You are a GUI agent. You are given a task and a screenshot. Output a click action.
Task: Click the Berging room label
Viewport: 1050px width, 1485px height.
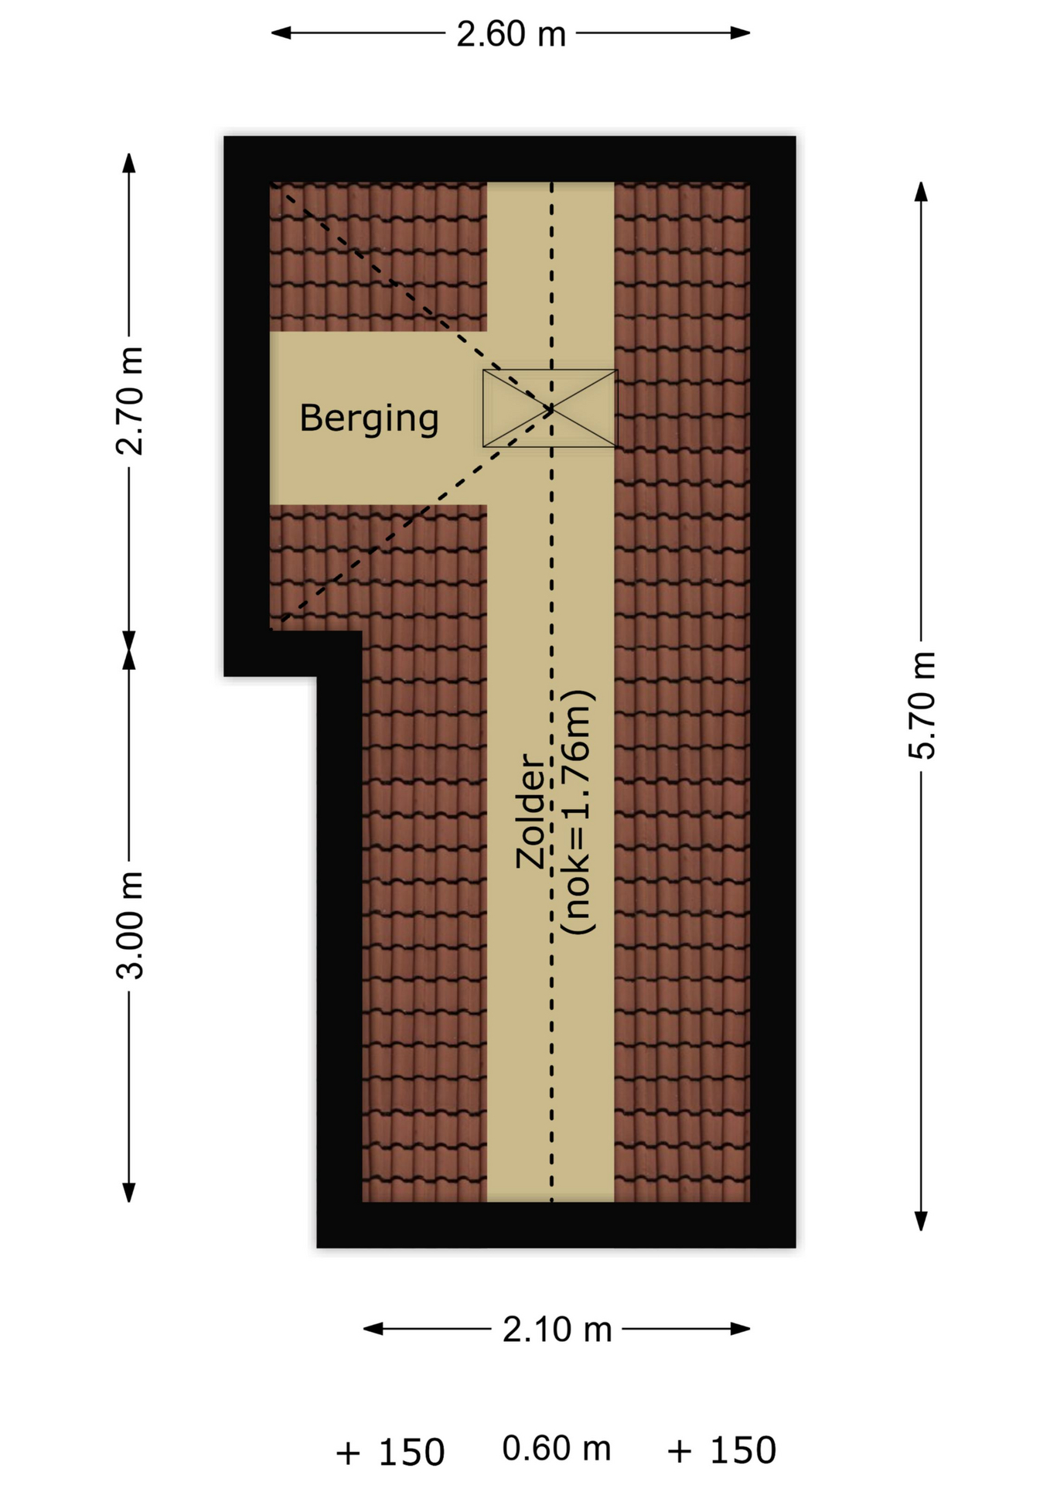[369, 419]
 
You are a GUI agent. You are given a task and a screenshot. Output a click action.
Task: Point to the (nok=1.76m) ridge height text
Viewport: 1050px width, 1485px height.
[578, 811]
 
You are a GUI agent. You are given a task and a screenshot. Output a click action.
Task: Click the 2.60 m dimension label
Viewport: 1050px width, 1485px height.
[510, 34]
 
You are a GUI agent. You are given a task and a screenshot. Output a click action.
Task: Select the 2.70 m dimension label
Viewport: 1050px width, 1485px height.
[130, 401]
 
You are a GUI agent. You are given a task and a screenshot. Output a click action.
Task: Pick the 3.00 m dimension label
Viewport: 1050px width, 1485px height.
[130, 925]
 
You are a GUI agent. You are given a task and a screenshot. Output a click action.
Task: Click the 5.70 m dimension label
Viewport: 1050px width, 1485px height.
[922, 705]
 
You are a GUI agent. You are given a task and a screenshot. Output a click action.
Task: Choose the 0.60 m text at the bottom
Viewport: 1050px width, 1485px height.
[556, 1449]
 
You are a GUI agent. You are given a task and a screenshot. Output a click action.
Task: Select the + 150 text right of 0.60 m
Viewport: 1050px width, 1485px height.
[721, 1451]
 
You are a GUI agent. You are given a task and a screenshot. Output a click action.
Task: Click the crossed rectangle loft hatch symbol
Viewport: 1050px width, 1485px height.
[550, 408]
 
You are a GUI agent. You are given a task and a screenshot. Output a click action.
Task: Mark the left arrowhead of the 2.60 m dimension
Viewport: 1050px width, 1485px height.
[280, 33]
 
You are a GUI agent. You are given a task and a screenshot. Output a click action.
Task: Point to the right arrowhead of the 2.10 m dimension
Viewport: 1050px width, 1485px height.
[741, 1329]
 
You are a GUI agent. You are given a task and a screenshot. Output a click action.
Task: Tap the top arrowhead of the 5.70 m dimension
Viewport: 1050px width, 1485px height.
[921, 191]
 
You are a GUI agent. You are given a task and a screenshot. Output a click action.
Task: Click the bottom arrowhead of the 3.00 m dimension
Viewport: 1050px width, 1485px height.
[129, 1193]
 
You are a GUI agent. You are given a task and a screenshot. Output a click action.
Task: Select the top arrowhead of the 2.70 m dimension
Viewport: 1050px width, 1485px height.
[129, 162]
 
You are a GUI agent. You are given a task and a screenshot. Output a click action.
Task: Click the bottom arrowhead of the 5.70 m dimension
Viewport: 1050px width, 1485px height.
[921, 1220]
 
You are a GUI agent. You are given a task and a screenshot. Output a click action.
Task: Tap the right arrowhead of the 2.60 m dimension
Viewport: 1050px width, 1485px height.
[741, 33]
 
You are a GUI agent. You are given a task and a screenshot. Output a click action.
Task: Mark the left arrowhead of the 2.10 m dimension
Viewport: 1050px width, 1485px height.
[373, 1329]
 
